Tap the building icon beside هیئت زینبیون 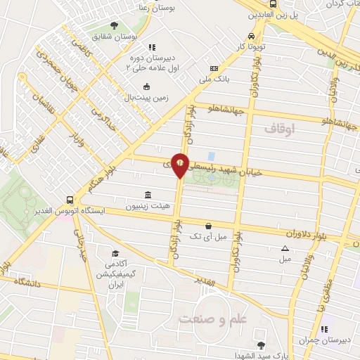click(x=148, y=195)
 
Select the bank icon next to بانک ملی click(x=214, y=69)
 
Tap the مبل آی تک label click(x=212, y=238)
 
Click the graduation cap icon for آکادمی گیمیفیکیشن click(x=114, y=253)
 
